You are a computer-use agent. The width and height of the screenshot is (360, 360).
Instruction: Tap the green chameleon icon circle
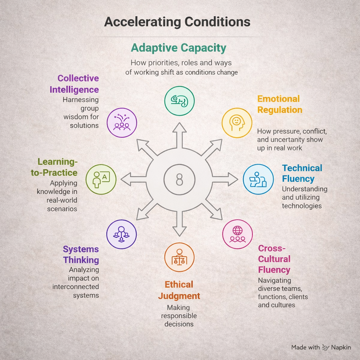click(179, 101)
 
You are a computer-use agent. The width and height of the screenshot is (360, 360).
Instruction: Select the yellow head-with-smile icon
click(237, 122)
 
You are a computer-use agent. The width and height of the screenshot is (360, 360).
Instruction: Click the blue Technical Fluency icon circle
click(258, 179)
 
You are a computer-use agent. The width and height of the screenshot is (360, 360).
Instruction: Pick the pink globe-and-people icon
click(237, 234)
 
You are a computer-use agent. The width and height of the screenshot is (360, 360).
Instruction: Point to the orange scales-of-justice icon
click(179, 257)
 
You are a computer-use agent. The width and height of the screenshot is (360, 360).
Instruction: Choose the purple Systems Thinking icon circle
click(121, 234)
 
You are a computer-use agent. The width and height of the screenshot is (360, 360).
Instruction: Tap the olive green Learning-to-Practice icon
click(101, 179)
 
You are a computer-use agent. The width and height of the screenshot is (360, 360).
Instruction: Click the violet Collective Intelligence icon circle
click(122, 122)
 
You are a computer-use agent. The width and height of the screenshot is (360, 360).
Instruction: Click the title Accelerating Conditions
click(177, 22)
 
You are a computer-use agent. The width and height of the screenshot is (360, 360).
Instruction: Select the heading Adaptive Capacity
click(179, 48)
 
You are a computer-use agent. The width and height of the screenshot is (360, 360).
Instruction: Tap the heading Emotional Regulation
click(279, 104)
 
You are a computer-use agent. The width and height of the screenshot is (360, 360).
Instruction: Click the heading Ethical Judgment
click(179, 290)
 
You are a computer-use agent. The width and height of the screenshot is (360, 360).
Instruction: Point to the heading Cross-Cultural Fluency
click(274, 259)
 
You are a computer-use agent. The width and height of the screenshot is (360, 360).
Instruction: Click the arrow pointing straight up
click(179, 134)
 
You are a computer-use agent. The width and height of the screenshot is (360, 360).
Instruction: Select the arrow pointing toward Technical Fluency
click(227, 179)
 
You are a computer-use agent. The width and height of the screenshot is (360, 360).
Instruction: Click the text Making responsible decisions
click(179, 315)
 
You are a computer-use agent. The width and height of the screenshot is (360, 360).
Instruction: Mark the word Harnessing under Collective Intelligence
click(81, 99)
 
